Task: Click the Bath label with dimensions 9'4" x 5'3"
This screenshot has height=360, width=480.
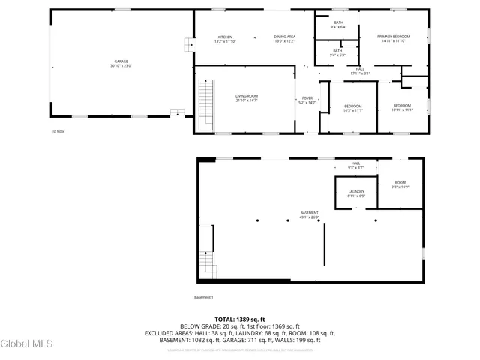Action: [338, 52]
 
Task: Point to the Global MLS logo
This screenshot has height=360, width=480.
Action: [27, 344]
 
